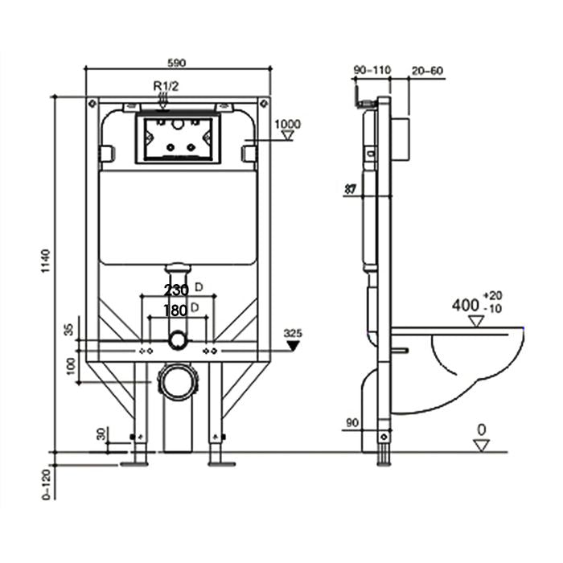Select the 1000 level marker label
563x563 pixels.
(287, 123)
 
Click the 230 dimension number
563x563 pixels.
(176, 290)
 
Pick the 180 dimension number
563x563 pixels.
(175, 310)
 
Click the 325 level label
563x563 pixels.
(293, 331)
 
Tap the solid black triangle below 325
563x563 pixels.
(293, 345)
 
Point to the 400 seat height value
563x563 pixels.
(465, 306)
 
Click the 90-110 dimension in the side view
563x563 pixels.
(372, 71)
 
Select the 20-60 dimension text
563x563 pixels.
(427, 71)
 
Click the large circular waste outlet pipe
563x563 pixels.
(178, 381)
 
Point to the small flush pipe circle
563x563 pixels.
(178, 341)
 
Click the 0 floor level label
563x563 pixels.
(480, 429)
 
